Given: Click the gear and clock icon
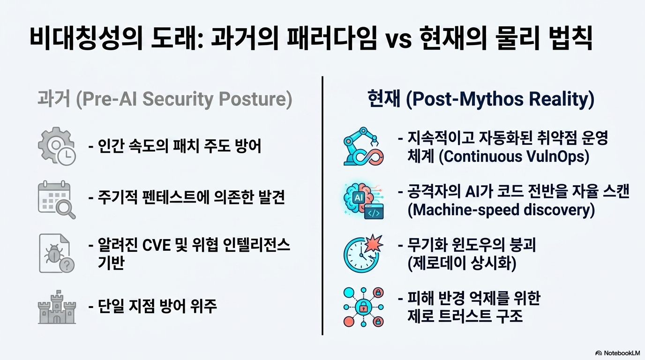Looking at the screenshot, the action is pos(57,146).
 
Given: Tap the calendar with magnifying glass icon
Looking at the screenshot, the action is pos(57,200).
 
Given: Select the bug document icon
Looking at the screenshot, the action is pos(57,253).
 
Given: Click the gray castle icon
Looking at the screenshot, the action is pos(57,307).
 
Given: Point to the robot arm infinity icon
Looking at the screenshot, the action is pos(363,146).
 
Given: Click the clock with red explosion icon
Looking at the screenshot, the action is pos(363,253).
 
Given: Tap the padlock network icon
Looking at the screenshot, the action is pos(363,307).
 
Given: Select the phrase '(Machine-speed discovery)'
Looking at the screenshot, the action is pos(501,210).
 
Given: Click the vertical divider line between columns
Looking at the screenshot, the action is pos(322,206).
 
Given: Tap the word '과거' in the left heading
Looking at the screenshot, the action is pos(54,99).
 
